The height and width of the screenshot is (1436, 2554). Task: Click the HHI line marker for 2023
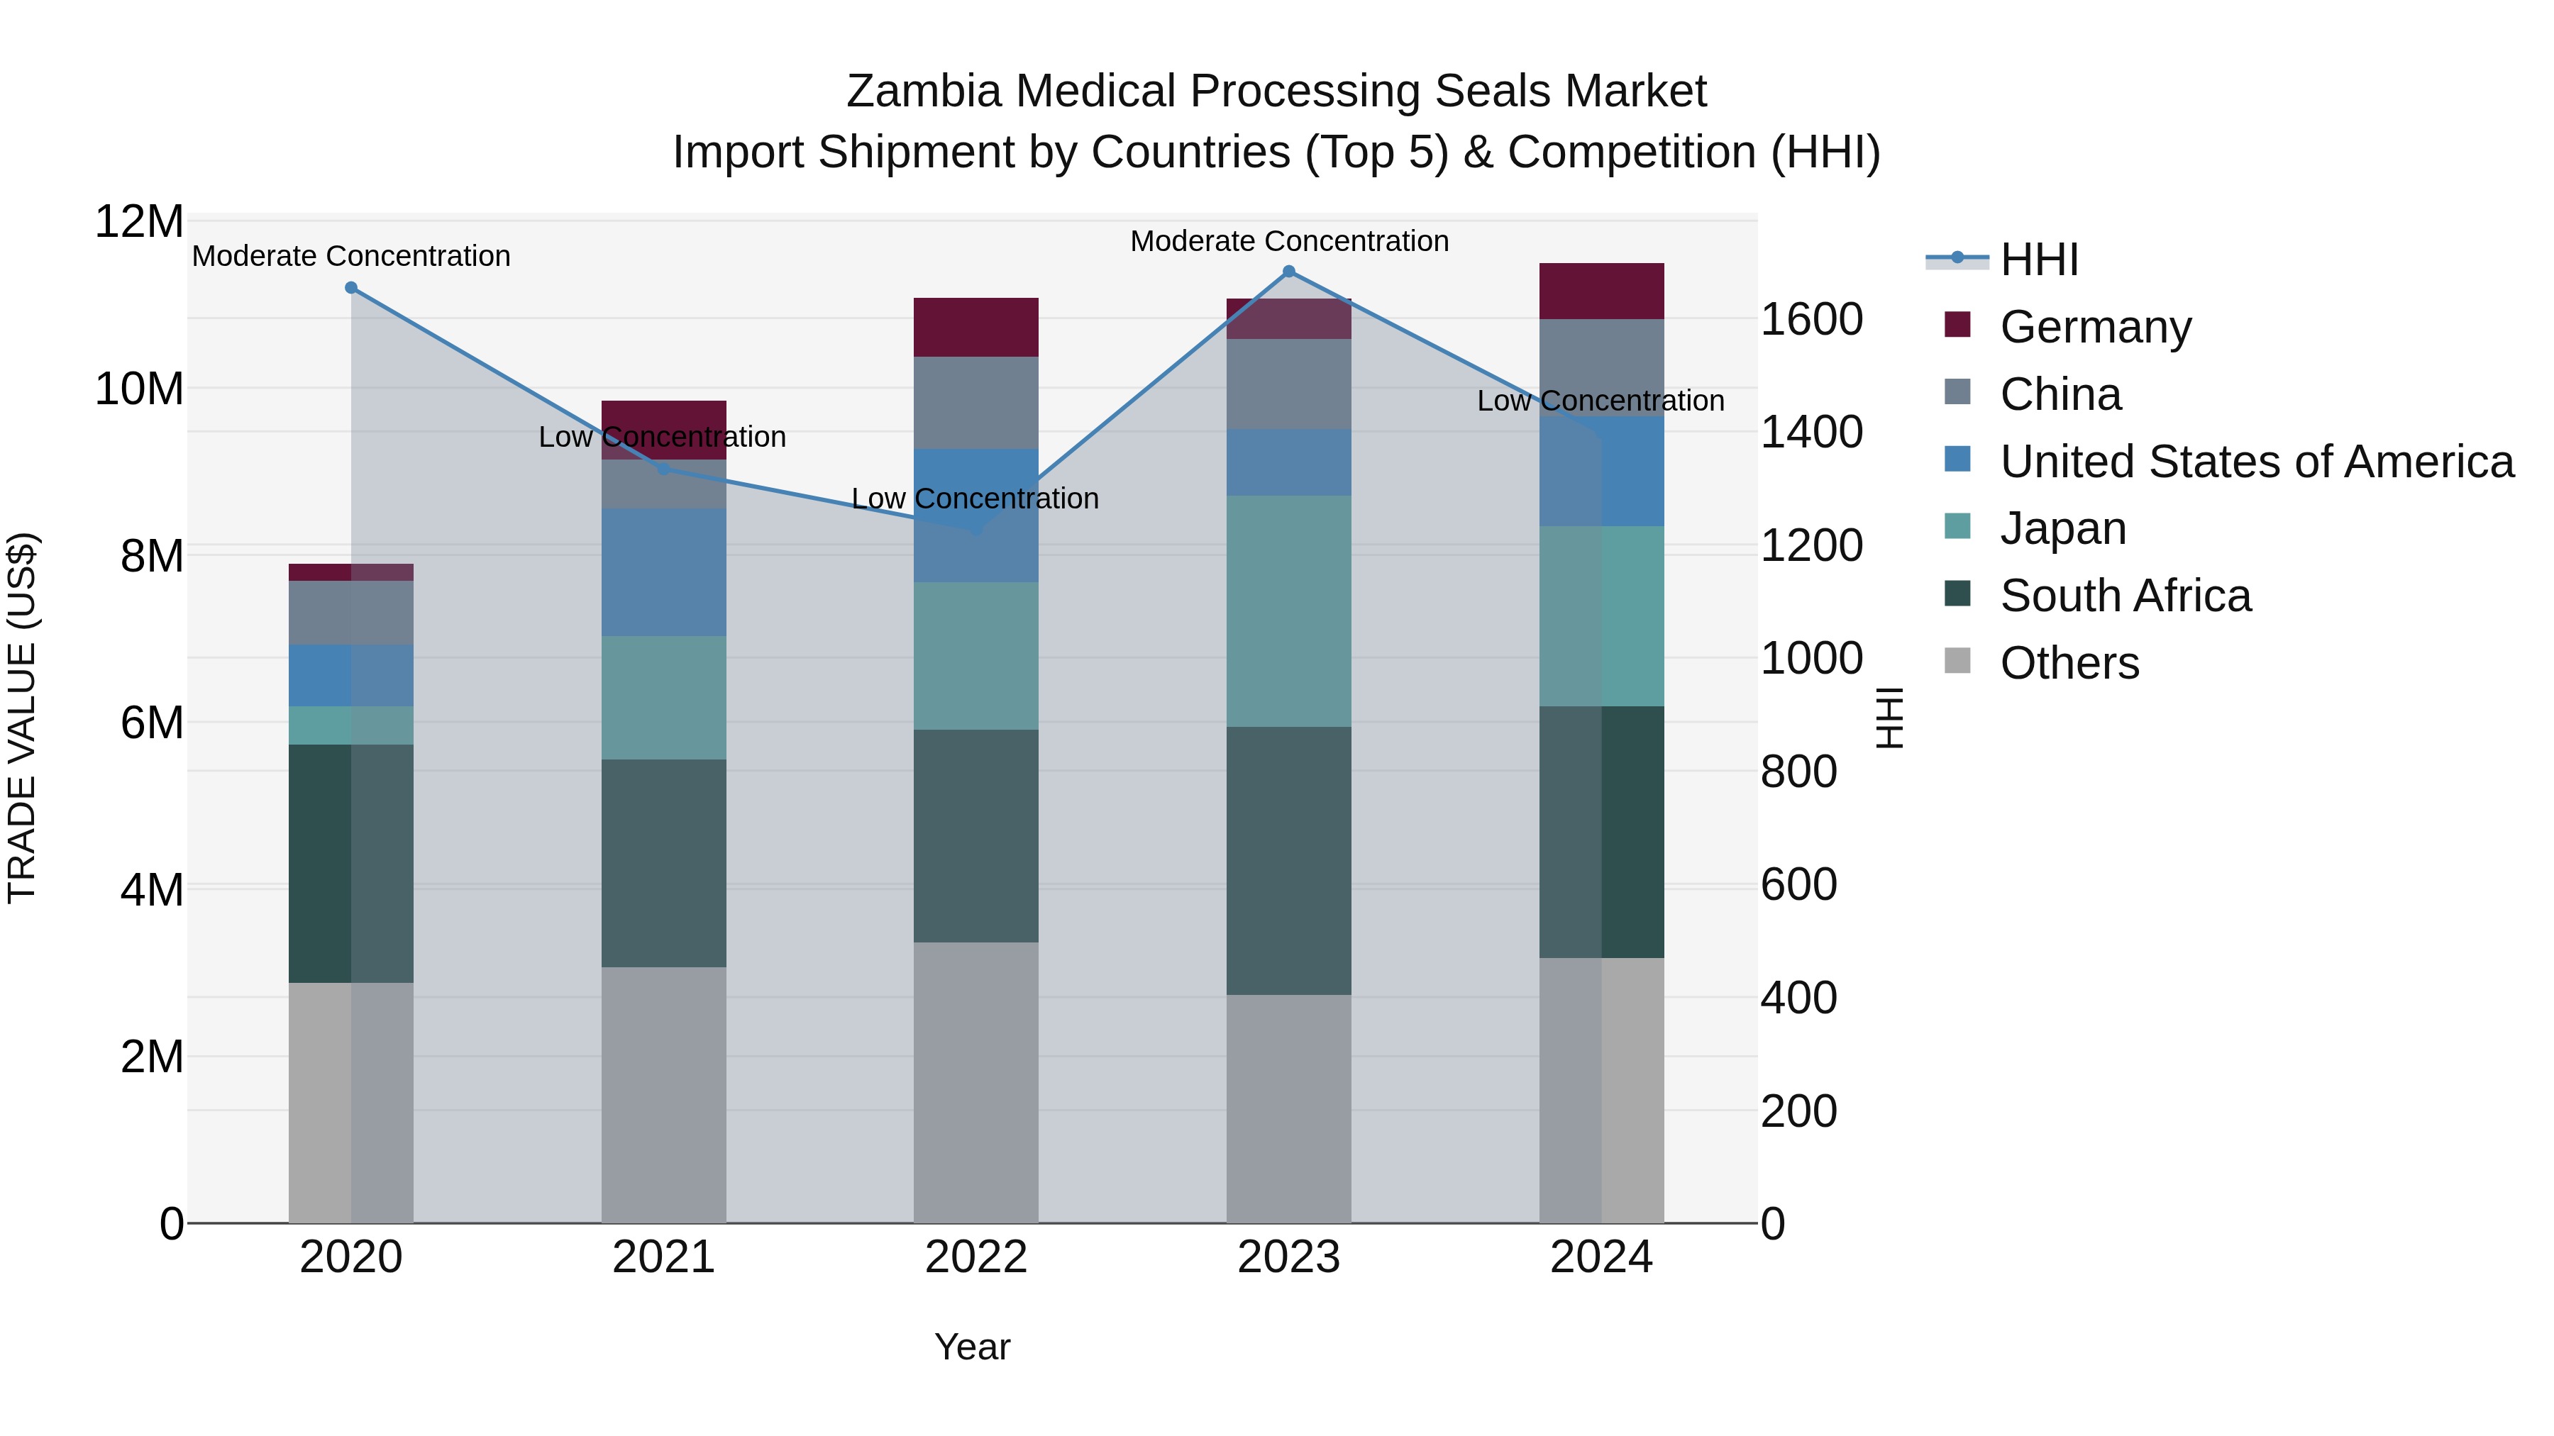pyautogui.click(x=1289, y=271)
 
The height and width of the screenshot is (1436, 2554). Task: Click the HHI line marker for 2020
pyautogui.click(x=351, y=287)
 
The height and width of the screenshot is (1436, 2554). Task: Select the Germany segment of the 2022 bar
pyautogui.click(x=975, y=327)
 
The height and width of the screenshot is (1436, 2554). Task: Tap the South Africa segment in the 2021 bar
pyautogui.click(x=663, y=863)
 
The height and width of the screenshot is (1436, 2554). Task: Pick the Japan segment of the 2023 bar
pyautogui.click(x=1289, y=611)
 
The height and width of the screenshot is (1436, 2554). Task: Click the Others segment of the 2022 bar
pyautogui.click(x=975, y=1082)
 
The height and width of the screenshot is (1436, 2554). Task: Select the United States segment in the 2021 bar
pyautogui.click(x=663, y=573)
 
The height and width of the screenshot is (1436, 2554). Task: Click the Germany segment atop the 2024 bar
pyautogui.click(x=1601, y=291)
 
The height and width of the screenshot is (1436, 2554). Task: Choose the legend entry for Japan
pyautogui.click(x=2062, y=528)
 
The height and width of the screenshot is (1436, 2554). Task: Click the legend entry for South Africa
pyautogui.click(x=2125, y=596)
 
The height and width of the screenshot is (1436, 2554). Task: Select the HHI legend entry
pyautogui.click(x=2038, y=260)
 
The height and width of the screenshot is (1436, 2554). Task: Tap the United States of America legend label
pyautogui.click(x=2257, y=462)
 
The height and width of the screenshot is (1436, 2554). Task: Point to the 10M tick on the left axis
pyautogui.click(x=139, y=389)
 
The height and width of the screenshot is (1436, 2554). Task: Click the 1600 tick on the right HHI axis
pyautogui.click(x=1811, y=320)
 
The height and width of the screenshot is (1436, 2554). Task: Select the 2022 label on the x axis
pyautogui.click(x=975, y=1257)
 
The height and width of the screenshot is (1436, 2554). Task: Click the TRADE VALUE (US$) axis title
pyautogui.click(x=22, y=718)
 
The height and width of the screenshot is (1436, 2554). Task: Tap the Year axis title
pyautogui.click(x=972, y=1347)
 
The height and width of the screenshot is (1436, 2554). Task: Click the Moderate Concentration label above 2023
pyautogui.click(x=1289, y=241)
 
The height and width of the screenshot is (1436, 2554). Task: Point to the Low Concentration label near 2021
pyautogui.click(x=663, y=437)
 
